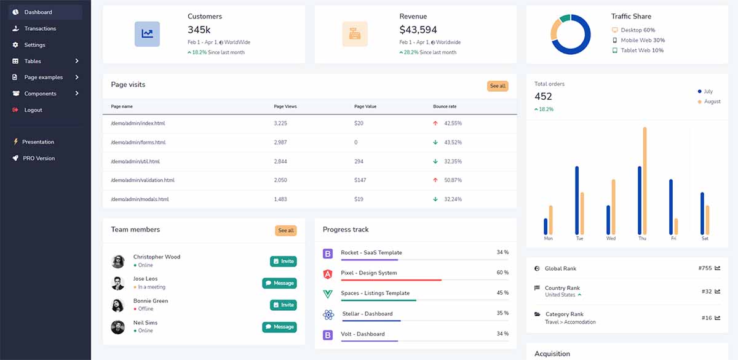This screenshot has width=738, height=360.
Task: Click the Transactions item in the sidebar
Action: point(40,28)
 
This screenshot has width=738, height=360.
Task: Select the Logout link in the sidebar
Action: point(33,110)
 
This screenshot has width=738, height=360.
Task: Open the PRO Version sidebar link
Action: point(38,158)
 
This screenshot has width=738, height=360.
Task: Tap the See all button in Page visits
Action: point(498,86)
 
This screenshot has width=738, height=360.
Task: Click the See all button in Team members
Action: point(285,231)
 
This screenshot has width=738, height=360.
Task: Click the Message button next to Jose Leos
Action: point(279,283)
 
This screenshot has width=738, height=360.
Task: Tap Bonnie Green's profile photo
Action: point(118,305)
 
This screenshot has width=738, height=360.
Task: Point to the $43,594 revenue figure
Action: point(418,30)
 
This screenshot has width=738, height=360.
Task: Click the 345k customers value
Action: point(199,30)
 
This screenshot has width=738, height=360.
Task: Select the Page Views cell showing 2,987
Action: point(280,142)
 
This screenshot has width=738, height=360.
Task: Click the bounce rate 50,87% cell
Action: point(453,180)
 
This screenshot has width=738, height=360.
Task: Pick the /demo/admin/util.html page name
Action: point(135,161)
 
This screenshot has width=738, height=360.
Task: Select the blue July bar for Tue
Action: point(577,200)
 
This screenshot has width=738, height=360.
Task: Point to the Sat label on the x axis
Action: point(705,238)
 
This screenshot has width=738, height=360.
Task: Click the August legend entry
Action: point(712,102)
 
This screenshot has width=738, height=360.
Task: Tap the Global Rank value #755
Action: point(705,268)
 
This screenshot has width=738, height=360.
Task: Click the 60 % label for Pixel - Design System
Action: point(502,273)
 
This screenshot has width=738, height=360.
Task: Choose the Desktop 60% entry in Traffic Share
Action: point(637,30)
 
